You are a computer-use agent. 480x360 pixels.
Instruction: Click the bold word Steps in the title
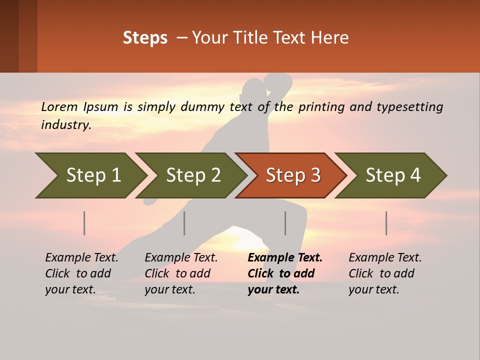coord(145,38)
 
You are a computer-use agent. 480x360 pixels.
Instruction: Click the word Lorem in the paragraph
coord(59,106)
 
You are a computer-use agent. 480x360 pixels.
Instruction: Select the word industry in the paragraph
coord(66,124)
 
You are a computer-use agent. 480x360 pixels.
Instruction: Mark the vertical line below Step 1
coord(84,223)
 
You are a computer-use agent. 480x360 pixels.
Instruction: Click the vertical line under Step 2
coord(184,223)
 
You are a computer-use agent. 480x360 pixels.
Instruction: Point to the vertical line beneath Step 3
coord(285,223)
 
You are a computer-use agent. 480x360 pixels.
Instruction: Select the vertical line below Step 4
coord(386,223)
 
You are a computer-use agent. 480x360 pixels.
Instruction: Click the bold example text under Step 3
coord(284,273)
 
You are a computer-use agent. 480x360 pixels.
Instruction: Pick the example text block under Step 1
coord(81,273)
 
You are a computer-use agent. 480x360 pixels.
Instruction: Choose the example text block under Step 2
coord(181,273)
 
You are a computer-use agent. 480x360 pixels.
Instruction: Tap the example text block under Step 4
coord(385,273)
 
